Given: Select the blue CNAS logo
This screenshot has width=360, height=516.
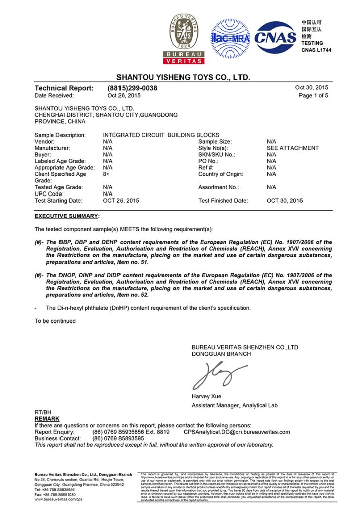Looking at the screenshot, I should point(276,37).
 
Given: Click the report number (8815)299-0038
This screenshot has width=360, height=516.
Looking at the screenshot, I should point(133,88).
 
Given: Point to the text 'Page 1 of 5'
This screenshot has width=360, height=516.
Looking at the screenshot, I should point(313,95).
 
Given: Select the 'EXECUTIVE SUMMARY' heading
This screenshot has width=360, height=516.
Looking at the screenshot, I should point(67,216).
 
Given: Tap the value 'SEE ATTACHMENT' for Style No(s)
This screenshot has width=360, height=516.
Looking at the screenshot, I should point(292,148).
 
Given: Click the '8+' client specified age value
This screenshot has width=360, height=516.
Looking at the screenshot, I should point(106,174).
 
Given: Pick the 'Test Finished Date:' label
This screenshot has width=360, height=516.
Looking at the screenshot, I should point(223,201).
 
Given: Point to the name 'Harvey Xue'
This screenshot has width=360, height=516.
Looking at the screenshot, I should point(206,396).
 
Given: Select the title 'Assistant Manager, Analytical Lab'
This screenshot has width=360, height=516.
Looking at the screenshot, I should point(234,406).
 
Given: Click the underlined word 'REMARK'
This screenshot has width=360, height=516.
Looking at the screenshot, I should point(47,419).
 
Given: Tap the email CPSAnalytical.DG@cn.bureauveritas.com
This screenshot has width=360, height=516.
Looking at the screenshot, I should point(236,432).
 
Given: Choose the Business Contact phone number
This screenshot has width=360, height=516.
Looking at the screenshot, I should point(118,438).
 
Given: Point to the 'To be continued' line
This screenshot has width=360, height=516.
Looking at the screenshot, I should point(55,321).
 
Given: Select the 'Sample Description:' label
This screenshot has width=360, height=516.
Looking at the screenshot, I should point(60,135).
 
